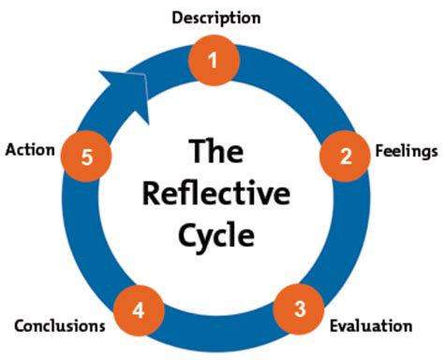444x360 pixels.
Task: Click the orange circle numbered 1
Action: tap(215, 60)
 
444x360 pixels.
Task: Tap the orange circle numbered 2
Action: tap(345, 156)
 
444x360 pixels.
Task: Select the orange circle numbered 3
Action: tap(299, 308)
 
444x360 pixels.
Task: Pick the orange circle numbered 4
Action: tap(139, 310)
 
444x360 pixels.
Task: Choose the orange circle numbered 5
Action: tap(86, 157)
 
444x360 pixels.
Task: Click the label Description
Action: tap(216, 18)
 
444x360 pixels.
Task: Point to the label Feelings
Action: tap(407, 152)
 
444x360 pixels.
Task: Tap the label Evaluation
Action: tap(371, 325)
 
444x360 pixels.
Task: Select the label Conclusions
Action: tap(60, 325)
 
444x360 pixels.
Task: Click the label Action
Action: tap(30, 150)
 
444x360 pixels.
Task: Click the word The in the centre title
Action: tap(216, 151)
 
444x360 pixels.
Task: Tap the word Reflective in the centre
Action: tap(216, 193)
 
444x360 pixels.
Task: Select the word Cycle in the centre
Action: tap(216, 236)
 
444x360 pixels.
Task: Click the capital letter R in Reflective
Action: tap(152, 193)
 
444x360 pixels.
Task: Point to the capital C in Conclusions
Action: tap(20, 326)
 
